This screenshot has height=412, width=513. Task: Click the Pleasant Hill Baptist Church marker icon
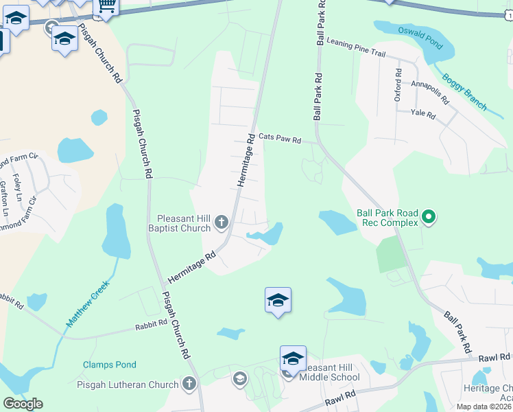[x=221, y=222]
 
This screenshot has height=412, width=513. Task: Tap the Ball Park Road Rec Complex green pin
[x=429, y=218]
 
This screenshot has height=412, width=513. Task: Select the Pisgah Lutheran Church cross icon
[x=189, y=385]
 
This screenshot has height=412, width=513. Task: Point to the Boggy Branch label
[x=464, y=92]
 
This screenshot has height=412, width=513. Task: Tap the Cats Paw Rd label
[x=280, y=139]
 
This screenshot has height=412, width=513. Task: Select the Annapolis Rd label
[x=430, y=92]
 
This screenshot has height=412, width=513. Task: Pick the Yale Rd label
[x=422, y=115]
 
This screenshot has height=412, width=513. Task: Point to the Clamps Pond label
[x=110, y=365]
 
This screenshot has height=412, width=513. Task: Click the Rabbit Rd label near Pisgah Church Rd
[x=151, y=323]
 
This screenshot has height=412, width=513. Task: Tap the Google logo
[x=23, y=404]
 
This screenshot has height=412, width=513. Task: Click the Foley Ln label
[x=18, y=189]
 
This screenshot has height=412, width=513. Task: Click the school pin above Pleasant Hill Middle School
[x=293, y=358]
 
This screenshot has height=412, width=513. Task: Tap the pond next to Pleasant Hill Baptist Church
[x=269, y=235]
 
